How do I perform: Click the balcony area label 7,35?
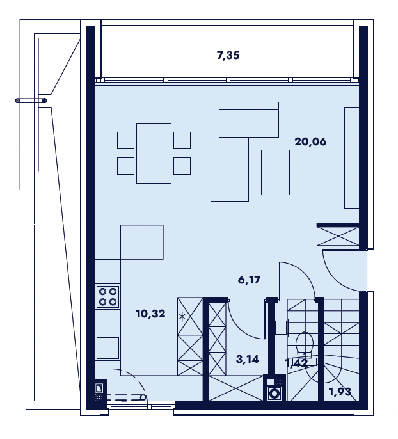[228, 56]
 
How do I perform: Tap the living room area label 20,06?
[310, 141]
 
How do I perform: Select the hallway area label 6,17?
[249, 280]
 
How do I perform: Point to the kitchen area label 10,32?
[150, 314]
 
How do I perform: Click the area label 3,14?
[248, 359]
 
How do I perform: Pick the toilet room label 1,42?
[296, 363]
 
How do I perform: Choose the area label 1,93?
[340, 392]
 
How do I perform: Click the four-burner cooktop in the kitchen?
[107, 297]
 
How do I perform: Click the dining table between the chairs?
[154, 153]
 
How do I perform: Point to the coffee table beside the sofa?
[275, 172]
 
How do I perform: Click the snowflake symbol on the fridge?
[182, 317]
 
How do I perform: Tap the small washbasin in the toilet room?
[281, 327]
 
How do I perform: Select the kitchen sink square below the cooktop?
[107, 348]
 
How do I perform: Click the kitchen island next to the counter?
[142, 242]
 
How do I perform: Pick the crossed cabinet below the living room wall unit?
[338, 236]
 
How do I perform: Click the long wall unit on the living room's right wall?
[351, 157]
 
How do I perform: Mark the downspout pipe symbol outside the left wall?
[31, 100]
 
